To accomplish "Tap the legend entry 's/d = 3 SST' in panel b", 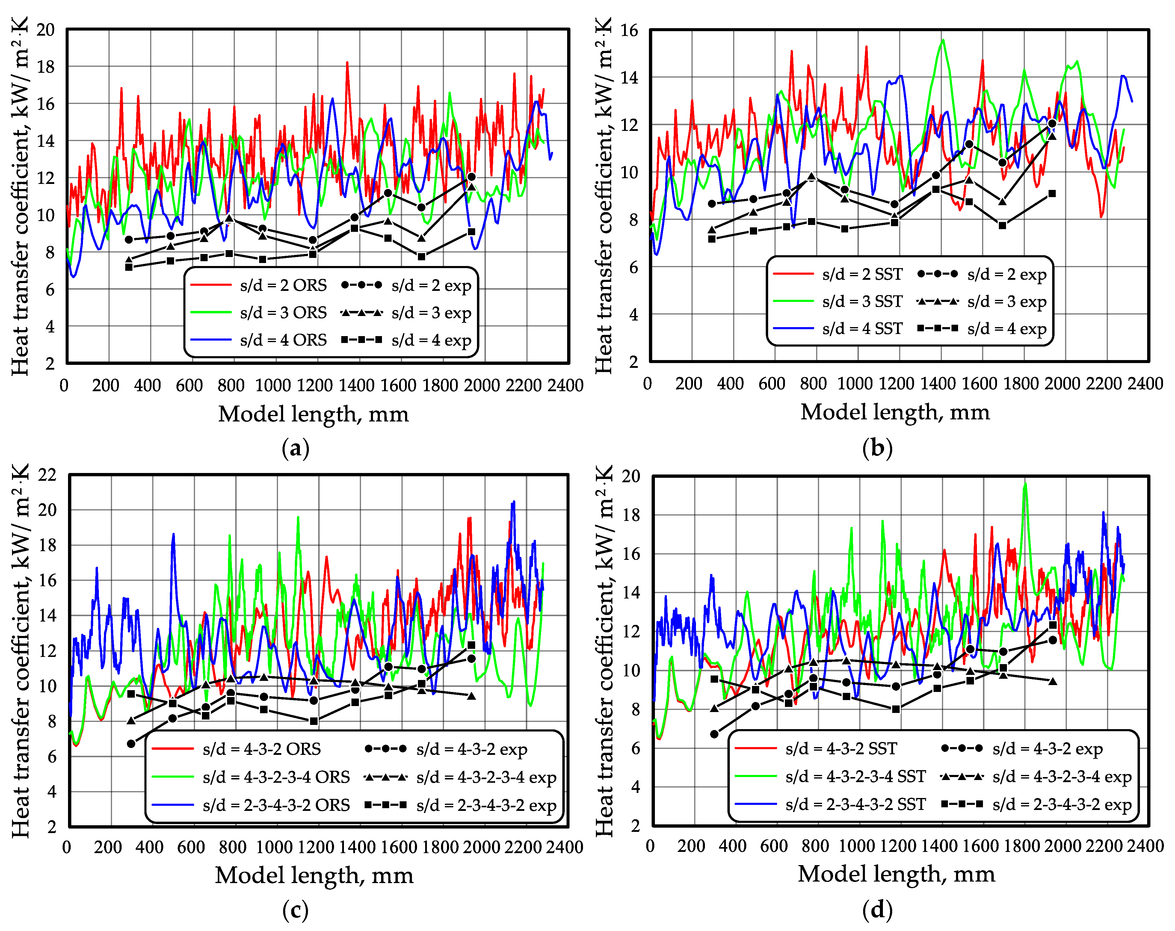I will pyautogui.click(x=862, y=301).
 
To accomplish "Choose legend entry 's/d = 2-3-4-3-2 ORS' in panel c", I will pyautogui.click(x=276, y=805).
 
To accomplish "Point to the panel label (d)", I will pyautogui.click(x=878, y=910).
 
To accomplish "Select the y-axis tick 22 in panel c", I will pyautogui.click(x=47, y=474).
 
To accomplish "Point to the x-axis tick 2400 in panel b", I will pyautogui.click(x=1145, y=383).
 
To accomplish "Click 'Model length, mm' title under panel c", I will pyautogui.click(x=314, y=876).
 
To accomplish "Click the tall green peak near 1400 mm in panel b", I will pyautogui.click(x=942, y=40).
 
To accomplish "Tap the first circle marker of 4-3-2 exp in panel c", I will pyautogui.click(x=131, y=743).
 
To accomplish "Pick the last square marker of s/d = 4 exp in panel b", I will pyautogui.click(x=1052, y=194).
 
